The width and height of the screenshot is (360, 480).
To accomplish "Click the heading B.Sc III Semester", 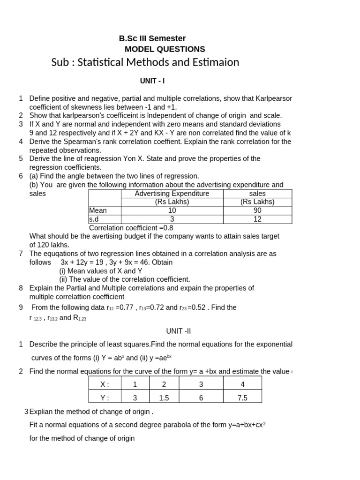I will pyautogui.click(x=152, y=38).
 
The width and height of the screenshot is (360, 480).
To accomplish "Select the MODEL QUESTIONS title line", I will pyautogui.click(x=165, y=49).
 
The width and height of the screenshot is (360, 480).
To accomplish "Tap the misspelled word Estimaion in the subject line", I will pyautogui.click(x=216, y=62).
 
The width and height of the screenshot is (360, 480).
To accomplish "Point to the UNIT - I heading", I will pyautogui.click(x=152, y=81).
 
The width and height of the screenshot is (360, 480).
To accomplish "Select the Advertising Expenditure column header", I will pyautogui.click(x=172, y=194).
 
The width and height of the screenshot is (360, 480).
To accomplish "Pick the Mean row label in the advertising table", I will pyautogui.click(x=98, y=210).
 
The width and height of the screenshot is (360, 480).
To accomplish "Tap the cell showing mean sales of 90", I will pyautogui.click(x=257, y=210).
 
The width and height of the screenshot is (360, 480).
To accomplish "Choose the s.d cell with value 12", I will pyautogui.click(x=257, y=219).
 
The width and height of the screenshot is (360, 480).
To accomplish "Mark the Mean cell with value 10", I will pyautogui.click(x=172, y=210).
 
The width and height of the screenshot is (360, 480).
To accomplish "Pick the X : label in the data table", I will pyautogui.click(x=105, y=384).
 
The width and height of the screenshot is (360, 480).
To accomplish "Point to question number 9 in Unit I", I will pyautogui.click(x=21, y=307).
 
